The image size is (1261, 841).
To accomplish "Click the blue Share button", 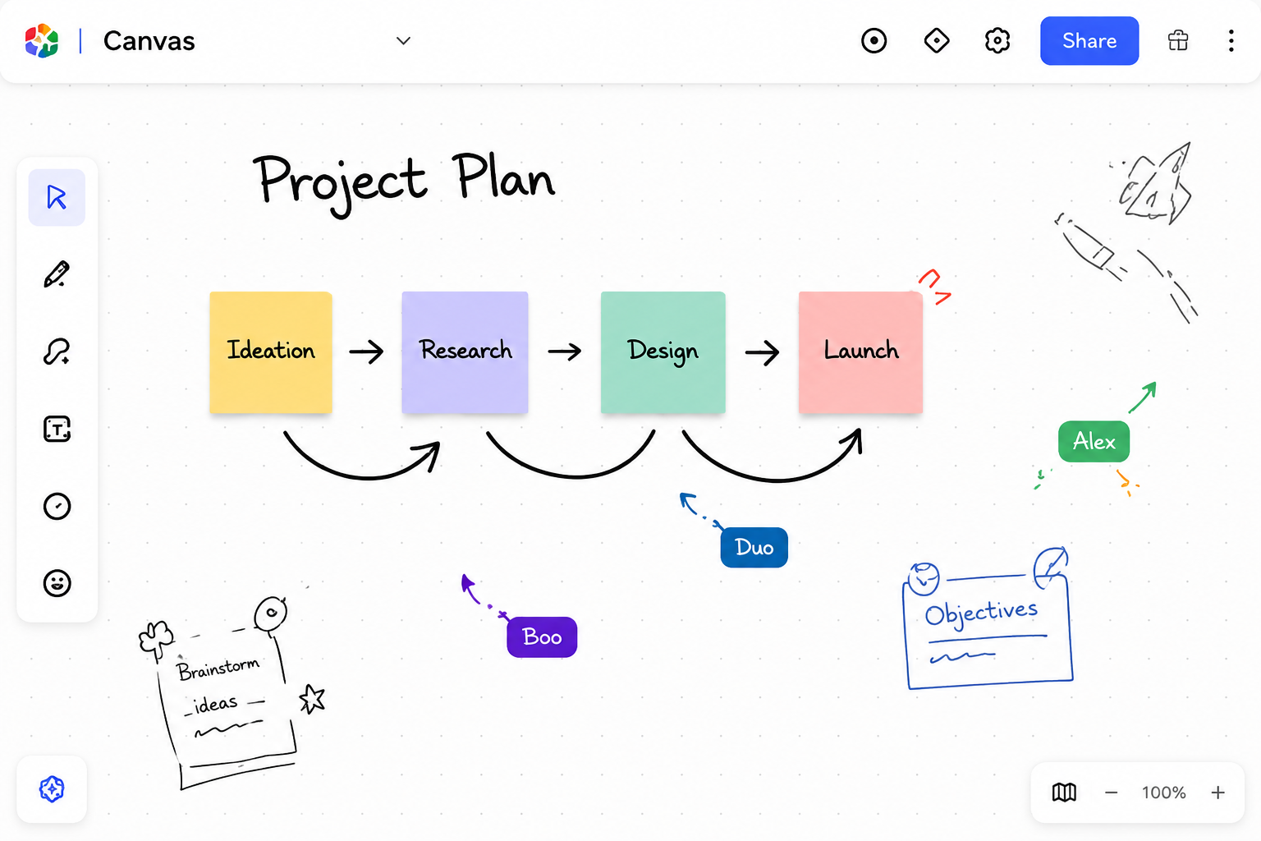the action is (1089, 40).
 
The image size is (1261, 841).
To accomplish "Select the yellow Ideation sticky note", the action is (271, 352).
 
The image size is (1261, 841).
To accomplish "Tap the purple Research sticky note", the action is (465, 352).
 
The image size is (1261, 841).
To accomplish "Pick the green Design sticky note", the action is (663, 352).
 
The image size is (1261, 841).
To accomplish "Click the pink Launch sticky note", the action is (860, 352).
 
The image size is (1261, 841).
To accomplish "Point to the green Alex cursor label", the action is (1094, 442).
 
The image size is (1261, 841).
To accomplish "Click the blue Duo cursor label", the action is (754, 547).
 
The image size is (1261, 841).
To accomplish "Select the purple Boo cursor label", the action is (542, 637).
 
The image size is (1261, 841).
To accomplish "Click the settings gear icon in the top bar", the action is (997, 40).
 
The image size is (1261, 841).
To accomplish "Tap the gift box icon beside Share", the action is (1178, 40).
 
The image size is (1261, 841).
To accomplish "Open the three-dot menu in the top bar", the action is (1231, 40).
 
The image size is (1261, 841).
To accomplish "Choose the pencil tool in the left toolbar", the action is (57, 274).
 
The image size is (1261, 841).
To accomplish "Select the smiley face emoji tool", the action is (57, 583).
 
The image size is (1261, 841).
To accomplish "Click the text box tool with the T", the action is (57, 430).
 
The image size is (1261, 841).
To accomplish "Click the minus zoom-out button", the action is (1111, 793).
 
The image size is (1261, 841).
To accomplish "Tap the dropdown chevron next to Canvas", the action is (403, 40).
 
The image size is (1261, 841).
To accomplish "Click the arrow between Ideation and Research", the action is (366, 352).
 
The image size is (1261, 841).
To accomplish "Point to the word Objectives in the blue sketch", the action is (981, 613).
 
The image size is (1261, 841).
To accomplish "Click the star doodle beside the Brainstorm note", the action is (313, 699).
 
